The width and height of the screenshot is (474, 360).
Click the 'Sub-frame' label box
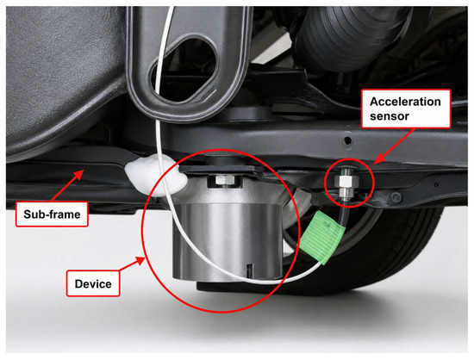pos(52,214)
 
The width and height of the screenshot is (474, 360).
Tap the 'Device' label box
pos(93,283)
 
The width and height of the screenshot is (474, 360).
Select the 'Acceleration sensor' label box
pos(406,109)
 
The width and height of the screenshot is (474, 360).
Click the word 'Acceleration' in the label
pos(405,102)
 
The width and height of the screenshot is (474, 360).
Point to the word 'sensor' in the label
pos(390,116)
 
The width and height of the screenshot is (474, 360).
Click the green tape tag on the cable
pos(321,238)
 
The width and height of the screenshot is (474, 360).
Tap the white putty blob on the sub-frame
pos(156,175)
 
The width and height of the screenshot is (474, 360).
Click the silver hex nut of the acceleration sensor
pos(346,183)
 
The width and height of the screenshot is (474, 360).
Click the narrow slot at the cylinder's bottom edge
pos(249,271)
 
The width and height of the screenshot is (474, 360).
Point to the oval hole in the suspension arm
pos(184,70)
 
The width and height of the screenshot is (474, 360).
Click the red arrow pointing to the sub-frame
pos(68,185)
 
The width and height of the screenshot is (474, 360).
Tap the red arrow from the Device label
pos(132,264)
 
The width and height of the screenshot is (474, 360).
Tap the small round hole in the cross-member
pos(347,140)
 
